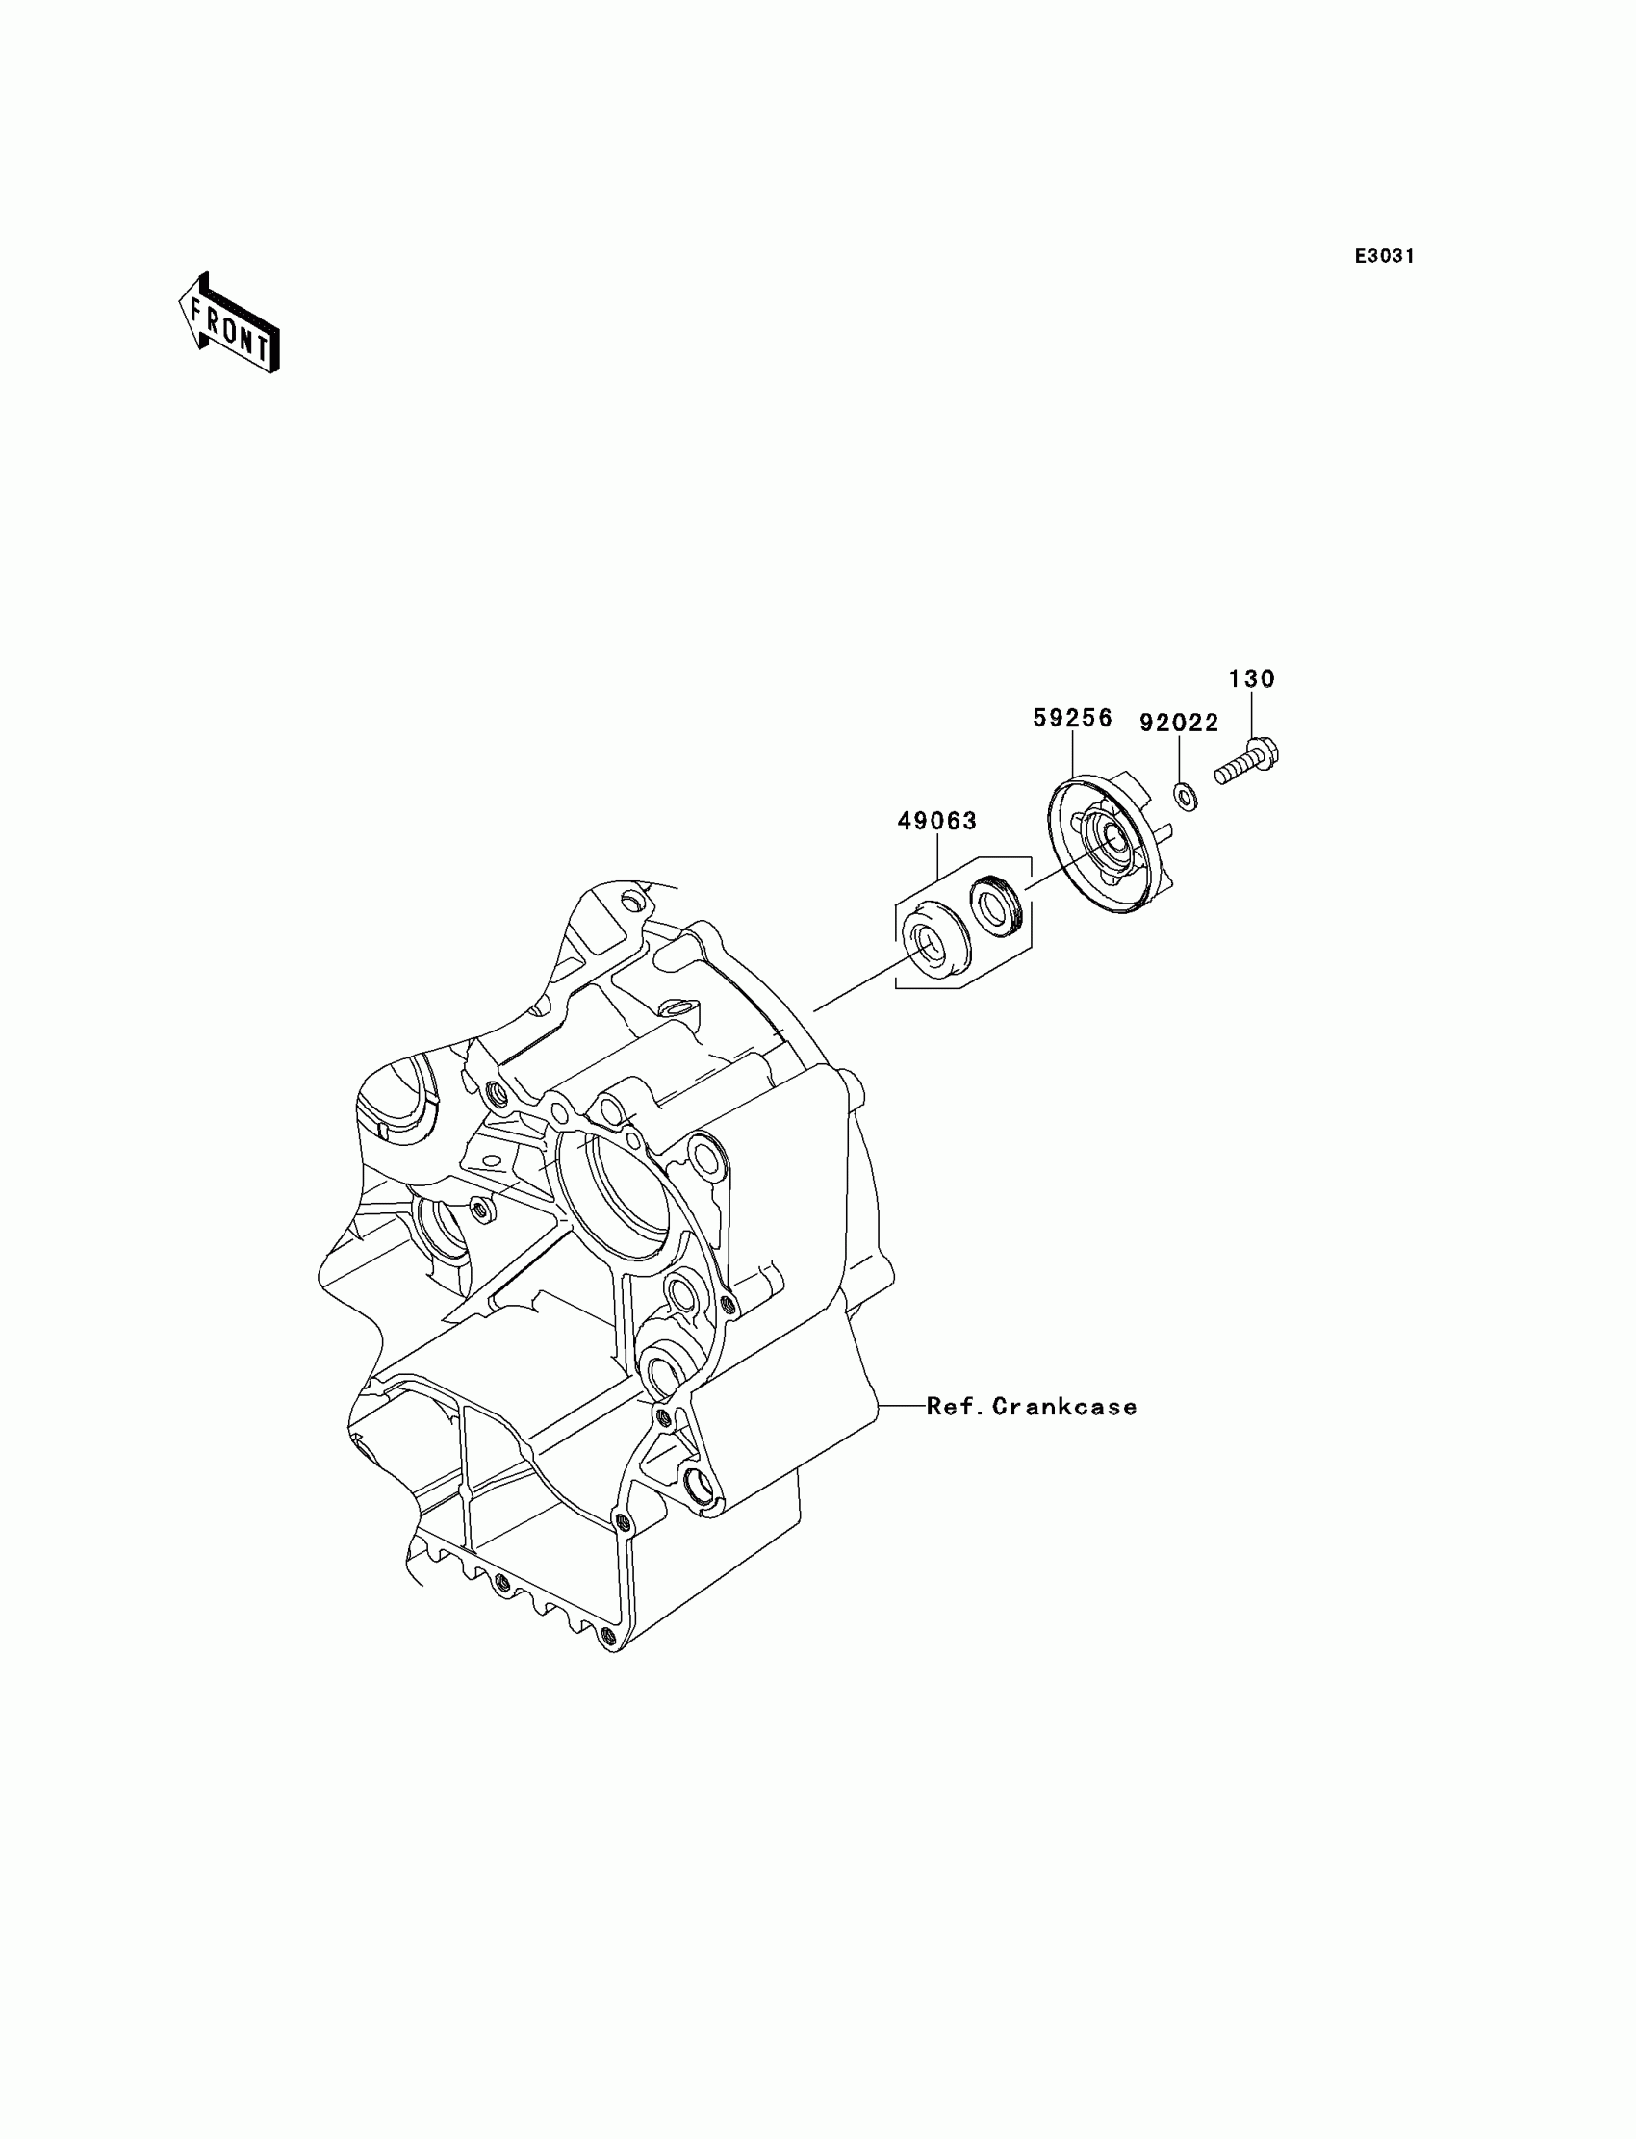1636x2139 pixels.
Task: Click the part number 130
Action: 1251,678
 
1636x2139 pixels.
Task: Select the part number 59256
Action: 1072,719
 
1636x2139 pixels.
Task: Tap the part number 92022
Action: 1179,723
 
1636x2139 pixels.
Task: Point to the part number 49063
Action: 936,821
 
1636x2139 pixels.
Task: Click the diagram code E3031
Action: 1384,256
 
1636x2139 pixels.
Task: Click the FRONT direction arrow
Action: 230,324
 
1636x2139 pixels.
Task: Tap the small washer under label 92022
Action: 1185,797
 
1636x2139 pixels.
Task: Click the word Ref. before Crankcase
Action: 956,1406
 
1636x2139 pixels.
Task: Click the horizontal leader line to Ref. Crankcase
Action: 901,1405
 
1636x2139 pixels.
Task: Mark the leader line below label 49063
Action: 936,855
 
